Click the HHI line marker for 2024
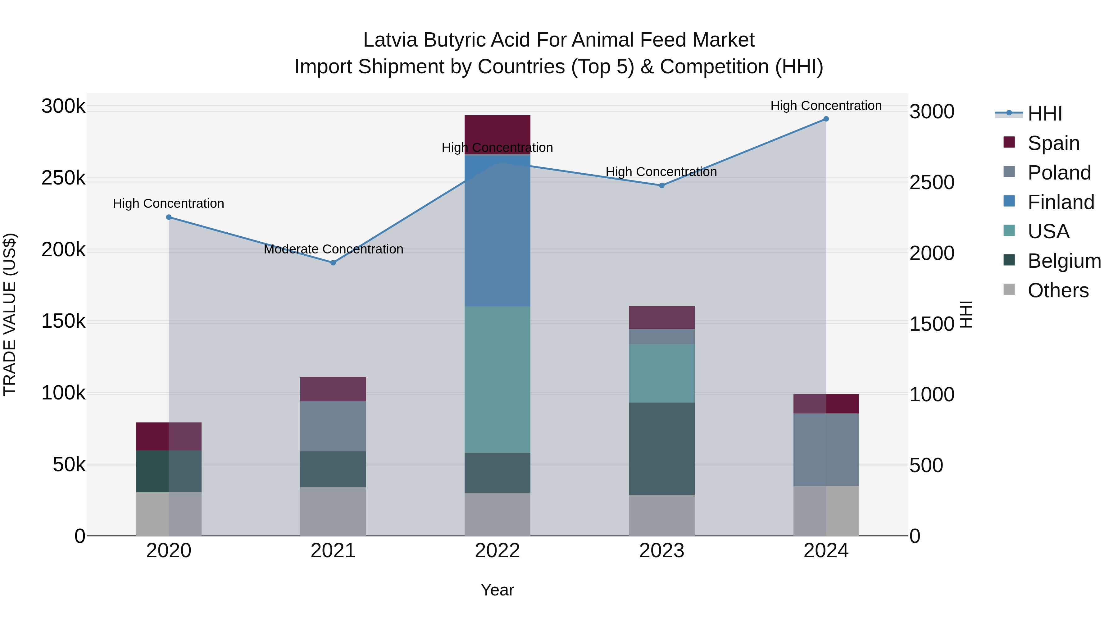pos(826,119)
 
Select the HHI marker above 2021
pos(333,262)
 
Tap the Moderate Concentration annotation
pos(333,249)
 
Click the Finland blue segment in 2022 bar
pos(498,230)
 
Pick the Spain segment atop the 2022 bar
pos(498,130)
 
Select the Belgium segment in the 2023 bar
pos(661,449)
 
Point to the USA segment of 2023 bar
pos(661,373)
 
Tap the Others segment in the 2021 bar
pos(333,511)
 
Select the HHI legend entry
pos(1045,114)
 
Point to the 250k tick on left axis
pos(63,178)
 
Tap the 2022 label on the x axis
pos(498,551)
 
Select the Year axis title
pos(498,590)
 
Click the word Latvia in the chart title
pos(390,40)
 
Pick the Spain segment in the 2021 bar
pos(333,389)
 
